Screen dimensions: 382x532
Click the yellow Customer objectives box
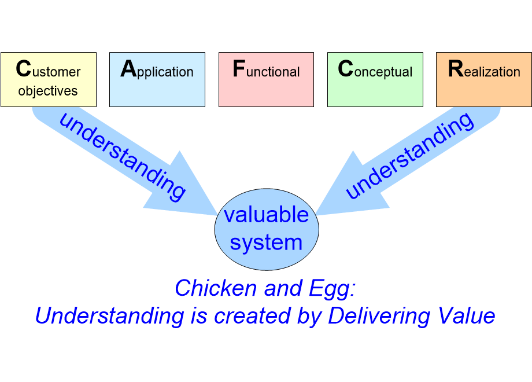coord(49,79)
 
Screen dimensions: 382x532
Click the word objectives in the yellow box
coord(48,91)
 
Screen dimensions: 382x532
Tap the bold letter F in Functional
coord(238,69)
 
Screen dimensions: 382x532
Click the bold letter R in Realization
coord(456,69)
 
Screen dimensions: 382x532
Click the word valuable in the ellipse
coord(266,215)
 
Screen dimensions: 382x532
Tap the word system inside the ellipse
coord(266,242)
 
